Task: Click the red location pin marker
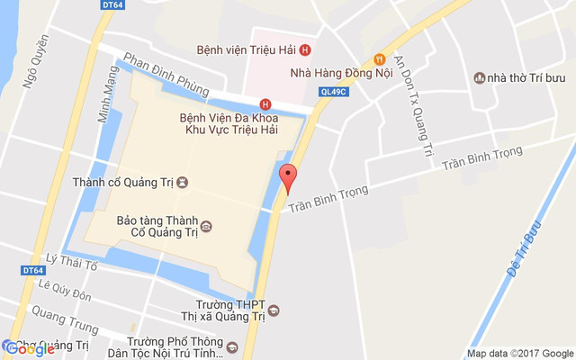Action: [x=288, y=177]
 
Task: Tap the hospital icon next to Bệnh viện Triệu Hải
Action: [x=306, y=49]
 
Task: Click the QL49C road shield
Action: [x=331, y=90]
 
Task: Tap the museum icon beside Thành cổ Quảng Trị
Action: [x=183, y=183]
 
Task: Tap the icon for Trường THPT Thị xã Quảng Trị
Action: [x=274, y=310]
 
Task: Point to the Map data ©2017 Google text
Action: [x=519, y=353]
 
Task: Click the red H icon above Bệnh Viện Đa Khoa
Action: [x=265, y=103]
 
